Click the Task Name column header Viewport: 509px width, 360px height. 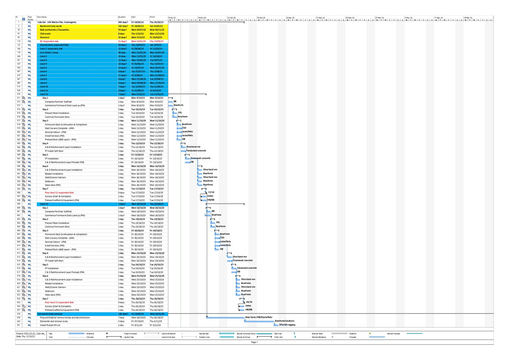click(42, 17)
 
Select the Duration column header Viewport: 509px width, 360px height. click(122, 17)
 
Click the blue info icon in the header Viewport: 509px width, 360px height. click(24, 19)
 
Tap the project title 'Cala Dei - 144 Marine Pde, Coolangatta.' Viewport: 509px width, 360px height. click(57, 22)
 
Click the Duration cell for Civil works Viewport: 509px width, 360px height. click(122, 34)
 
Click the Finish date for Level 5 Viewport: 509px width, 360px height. click(156, 67)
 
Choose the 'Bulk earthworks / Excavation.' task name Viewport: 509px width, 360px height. click(54, 30)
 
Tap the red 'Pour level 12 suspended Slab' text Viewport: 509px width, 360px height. click(60, 193)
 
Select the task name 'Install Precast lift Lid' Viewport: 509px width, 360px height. click(50, 325)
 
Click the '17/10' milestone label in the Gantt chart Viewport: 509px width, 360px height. click(211, 192)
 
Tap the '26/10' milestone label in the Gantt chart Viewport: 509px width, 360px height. click(249, 302)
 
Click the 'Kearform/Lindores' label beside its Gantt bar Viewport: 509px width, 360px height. click(284, 321)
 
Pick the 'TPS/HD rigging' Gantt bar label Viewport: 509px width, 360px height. click(287, 324)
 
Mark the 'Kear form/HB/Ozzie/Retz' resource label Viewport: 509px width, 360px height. click(259, 317)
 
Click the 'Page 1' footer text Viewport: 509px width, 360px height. click(254, 342)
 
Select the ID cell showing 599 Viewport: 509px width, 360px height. click(18, 204)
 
